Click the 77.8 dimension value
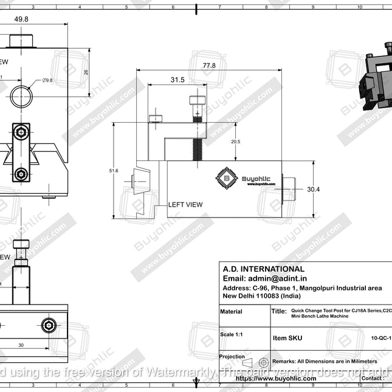210,65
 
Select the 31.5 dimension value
177,80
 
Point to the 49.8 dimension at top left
21,19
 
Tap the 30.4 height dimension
313,190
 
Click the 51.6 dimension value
114,171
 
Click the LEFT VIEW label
185,205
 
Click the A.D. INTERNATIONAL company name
263,269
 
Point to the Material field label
231,312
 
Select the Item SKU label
287,338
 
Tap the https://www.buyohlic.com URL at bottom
275,378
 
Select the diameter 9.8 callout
47,80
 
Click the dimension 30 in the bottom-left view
21,345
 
